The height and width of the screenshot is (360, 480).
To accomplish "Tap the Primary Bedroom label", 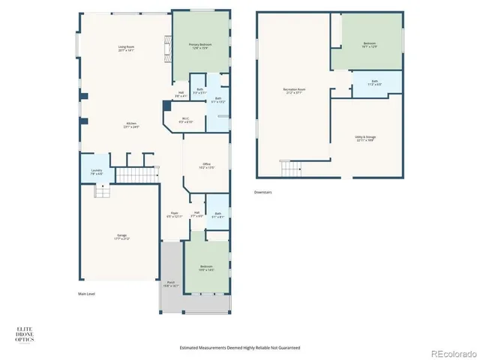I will click(199, 46).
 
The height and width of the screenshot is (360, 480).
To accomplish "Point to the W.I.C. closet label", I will click(187, 119).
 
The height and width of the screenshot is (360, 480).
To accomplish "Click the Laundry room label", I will click(97, 172).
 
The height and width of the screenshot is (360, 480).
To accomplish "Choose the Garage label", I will click(121, 238).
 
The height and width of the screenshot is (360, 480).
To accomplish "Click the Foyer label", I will click(174, 214).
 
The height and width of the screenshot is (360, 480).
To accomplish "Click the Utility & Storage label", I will click(365, 138).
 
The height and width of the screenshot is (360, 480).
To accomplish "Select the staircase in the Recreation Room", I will click(289, 168).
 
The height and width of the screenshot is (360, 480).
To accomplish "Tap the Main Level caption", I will click(88, 294).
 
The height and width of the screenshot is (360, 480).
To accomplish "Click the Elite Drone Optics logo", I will click(25, 334).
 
